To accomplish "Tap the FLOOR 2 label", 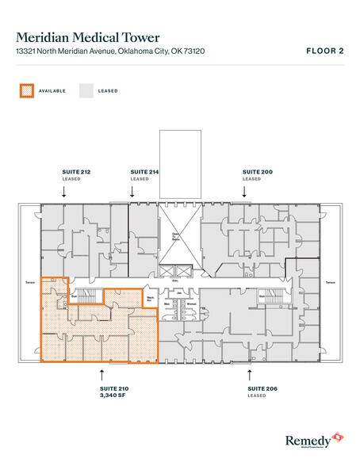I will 325,50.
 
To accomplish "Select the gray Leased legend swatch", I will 86,90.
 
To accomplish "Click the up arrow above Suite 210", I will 101,371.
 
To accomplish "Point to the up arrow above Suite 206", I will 251,371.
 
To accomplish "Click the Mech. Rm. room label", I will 151,300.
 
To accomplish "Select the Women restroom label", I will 189,303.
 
